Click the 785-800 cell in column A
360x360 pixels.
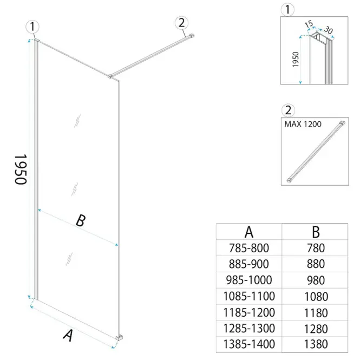click(x=249, y=248)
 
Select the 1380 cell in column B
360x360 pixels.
click(x=316, y=344)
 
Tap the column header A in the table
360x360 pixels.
click(x=249, y=232)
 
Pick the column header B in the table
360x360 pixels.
click(x=316, y=232)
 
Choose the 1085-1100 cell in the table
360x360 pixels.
click(x=249, y=296)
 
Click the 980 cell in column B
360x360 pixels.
click(x=316, y=280)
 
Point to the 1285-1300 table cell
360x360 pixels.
click(x=249, y=328)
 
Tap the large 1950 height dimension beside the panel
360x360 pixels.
click(x=21, y=169)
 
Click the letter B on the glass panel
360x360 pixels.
click(x=81, y=220)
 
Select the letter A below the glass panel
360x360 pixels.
click(x=68, y=336)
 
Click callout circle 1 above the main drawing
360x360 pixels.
click(x=32, y=27)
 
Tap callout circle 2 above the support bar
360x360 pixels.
click(x=181, y=23)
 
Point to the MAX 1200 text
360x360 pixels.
click(x=303, y=124)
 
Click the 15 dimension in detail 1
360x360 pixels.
click(x=309, y=24)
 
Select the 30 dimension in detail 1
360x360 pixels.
click(x=328, y=30)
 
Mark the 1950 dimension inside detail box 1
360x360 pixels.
click(x=296, y=60)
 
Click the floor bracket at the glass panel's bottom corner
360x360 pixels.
click(x=120, y=337)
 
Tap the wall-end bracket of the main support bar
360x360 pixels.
click(x=192, y=36)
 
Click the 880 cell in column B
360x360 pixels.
click(x=316, y=264)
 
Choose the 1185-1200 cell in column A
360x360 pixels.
click(x=249, y=312)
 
